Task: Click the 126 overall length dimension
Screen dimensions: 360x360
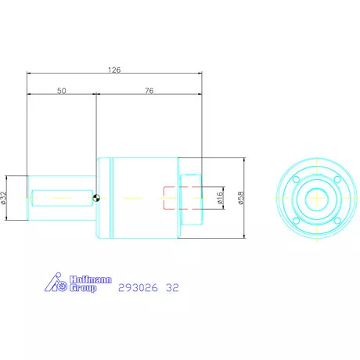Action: point(114,70)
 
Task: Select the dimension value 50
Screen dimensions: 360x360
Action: point(62,91)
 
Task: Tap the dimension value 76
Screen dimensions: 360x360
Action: point(149,91)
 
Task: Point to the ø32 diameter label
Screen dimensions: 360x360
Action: point(3,198)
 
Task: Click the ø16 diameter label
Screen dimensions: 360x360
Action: point(220,197)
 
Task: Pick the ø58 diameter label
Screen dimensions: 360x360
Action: point(241,198)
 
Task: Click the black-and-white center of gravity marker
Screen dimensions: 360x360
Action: point(96,198)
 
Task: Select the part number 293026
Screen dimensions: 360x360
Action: point(138,288)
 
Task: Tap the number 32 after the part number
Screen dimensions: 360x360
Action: point(172,288)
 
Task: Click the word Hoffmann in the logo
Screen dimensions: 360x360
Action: point(91,279)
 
